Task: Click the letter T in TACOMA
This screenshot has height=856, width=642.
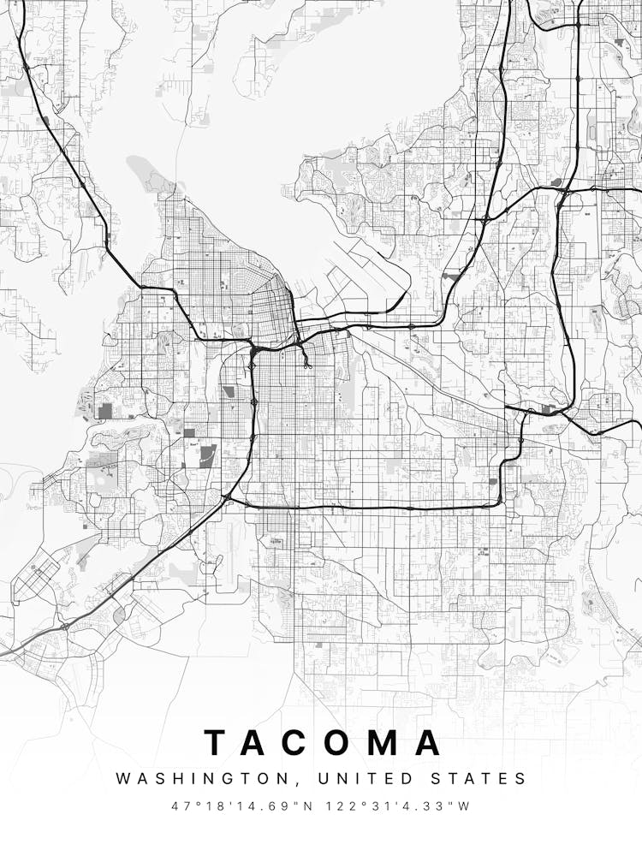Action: (218, 743)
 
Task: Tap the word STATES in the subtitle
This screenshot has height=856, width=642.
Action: (483, 779)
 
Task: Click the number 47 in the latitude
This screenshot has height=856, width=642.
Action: (178, 806)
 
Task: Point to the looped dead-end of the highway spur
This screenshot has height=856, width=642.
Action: (307, 366)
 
